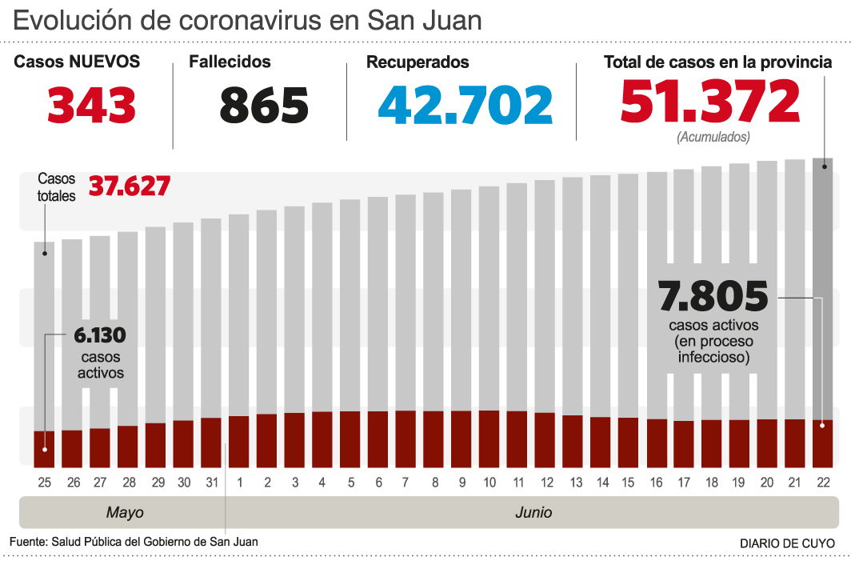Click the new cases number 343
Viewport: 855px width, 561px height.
91,106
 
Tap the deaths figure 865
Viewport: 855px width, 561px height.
264,106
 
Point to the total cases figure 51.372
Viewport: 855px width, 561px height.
710,102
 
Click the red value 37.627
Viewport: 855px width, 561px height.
130,186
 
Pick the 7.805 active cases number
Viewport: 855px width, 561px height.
713,297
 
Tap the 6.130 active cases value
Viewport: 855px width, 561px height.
100,335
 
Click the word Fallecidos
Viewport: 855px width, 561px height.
230,62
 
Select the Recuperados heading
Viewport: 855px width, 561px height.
418,62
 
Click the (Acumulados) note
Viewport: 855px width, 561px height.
713,137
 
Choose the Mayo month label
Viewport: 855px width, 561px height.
125,512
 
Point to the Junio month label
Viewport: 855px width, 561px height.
533,512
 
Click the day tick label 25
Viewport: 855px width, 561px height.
44,483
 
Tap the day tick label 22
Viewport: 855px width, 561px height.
823,483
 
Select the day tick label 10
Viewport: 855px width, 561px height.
489,483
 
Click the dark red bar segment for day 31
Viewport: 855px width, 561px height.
211,442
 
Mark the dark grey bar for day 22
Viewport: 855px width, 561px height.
823,288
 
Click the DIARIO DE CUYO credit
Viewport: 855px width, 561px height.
787,543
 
